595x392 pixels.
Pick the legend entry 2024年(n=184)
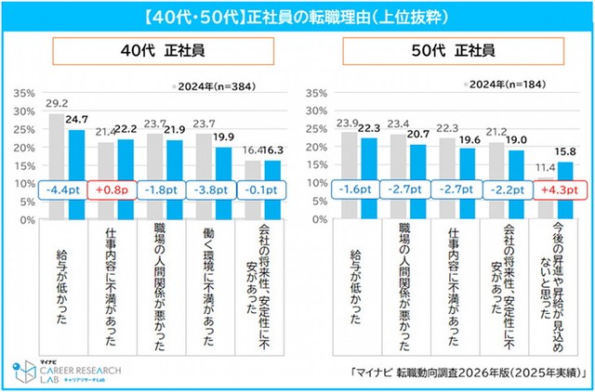click(507, 85)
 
